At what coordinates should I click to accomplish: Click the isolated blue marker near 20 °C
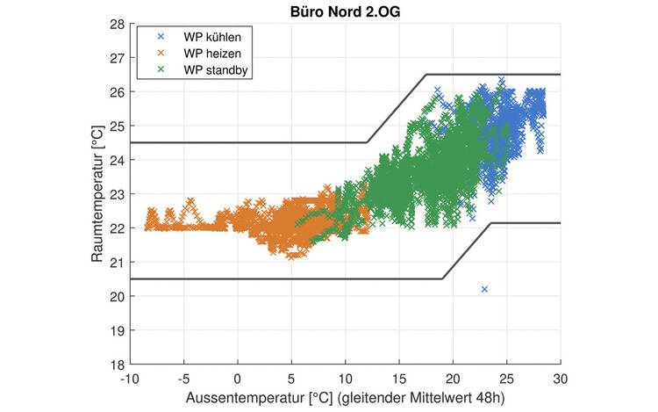[x=484, y=289]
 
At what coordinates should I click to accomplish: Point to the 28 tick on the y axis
[x=118, y=24]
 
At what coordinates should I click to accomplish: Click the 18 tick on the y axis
[x=118, y=364]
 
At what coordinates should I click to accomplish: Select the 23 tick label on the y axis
[x=118, y=194]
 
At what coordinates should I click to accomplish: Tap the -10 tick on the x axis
[x=128, y=377]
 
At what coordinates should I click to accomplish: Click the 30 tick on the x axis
[x=560, y=377]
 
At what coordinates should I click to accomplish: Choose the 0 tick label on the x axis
[x=237, y=377]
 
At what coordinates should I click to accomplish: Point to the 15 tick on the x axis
[x=399, y=377]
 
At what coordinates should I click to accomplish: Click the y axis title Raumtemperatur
[x=98, y=194]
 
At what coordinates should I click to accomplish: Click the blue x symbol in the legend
[x=161, y=37]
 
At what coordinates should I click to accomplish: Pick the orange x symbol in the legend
[x=161, y=53]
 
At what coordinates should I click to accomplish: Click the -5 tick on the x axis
[x=182, y=377]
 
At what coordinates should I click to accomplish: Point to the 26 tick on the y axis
[x=118, y=91]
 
